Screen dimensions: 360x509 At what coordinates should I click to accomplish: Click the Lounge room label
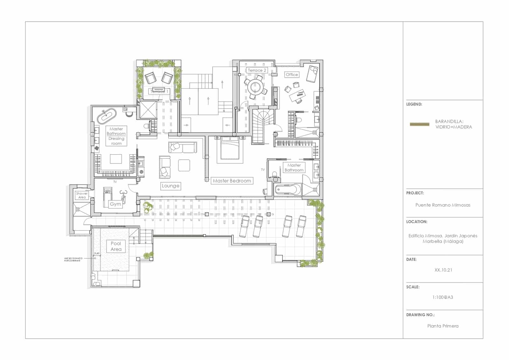tap(171, 186)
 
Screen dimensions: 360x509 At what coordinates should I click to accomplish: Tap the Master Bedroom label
tap(232, 181)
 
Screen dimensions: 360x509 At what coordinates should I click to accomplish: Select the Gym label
tap(115, 204)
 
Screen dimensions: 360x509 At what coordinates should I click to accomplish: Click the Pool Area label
tap(116, 246)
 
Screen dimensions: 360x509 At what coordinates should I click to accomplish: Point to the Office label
tap(292, 74)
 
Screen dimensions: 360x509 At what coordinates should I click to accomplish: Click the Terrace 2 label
tap(257, 70)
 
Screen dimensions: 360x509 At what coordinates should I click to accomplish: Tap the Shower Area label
tap(82, 195)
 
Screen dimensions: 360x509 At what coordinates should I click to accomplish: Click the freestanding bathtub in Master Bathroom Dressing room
tap(107, 117)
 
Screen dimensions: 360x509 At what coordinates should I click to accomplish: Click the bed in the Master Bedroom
tap(230, 148)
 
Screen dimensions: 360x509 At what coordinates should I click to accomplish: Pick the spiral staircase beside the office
tap(262, 122)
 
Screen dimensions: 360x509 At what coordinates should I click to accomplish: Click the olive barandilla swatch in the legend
tap(420, 124)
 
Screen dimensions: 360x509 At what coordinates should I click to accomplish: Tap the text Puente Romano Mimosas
tap(443, 205)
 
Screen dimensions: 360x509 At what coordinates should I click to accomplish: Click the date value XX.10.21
tap(443, 270)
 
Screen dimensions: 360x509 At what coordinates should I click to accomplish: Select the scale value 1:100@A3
tap(443, 297)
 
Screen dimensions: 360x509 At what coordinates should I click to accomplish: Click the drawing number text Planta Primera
tap(443, 326)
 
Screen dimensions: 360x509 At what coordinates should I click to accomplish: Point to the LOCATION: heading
tap(416, 222)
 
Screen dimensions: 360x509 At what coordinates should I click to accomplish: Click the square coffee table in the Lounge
tap(184, 165)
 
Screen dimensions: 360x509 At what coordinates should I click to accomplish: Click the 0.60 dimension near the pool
tap(97, 253)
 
